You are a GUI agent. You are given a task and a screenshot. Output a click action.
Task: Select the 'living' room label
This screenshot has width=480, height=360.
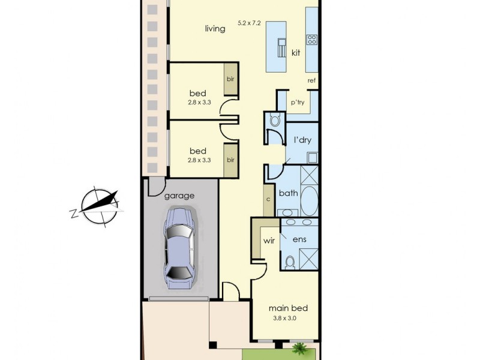[215, 28]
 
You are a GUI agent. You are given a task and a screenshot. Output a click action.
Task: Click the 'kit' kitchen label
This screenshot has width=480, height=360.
[295, 53]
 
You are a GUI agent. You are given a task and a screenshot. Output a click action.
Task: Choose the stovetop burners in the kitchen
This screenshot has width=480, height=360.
[312, 40]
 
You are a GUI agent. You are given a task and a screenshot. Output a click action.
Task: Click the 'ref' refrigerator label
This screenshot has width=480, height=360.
[311, 80]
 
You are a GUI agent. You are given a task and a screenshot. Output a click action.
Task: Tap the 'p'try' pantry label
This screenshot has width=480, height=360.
[298, 103]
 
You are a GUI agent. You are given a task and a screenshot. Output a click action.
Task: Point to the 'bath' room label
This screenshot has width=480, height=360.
[288, 193]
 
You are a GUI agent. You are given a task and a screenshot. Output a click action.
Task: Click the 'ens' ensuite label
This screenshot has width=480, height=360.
[299, 239]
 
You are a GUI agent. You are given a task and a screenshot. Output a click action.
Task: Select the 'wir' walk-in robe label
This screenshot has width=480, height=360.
[269, 241]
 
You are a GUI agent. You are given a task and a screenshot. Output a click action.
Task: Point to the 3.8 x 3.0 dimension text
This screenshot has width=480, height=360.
[285, 319]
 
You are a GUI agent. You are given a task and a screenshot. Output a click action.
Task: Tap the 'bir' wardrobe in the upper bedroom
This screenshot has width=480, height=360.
[230, 79]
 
